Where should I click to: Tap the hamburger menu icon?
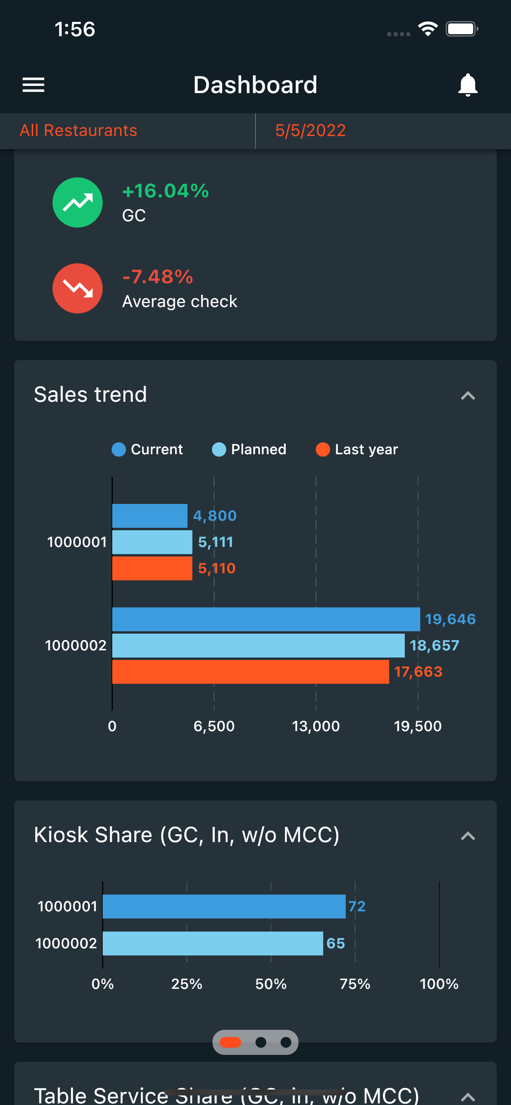pos(33,85)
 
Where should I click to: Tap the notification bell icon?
pos(468,85)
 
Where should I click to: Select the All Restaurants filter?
pos(78,130)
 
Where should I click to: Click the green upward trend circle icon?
pos(78,202)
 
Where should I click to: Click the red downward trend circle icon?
pos(78,288)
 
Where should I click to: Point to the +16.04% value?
pos(166,191)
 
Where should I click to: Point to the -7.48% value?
pos(158,277)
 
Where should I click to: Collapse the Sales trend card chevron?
pos(468,395)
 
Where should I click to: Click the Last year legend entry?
pos(357,449)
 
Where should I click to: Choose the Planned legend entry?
pos(249,449)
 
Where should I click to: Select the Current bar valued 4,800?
pos(150,516)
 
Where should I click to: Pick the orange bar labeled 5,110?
pos(152,568)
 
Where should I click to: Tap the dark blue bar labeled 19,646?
pos(266,619)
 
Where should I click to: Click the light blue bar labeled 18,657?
pos(258,645)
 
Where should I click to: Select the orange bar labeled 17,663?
pos(251,672)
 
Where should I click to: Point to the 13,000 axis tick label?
pos(316,726)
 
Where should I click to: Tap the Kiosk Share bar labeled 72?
pos(224,907)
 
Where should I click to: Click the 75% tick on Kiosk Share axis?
pos(355,984)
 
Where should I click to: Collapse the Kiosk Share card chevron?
pos(468,836)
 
